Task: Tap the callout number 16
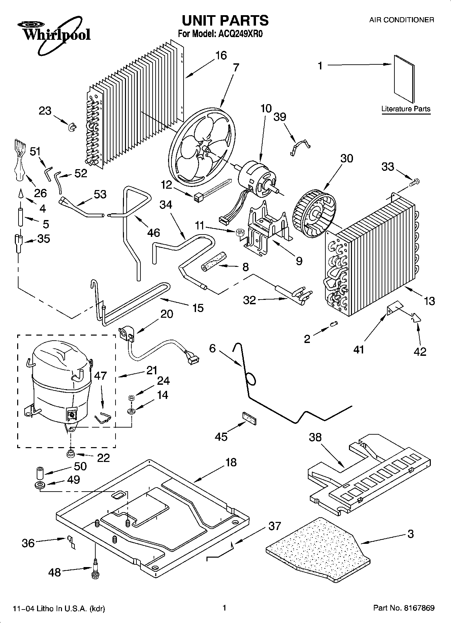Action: pos(221,55)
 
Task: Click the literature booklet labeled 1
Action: pos(404,79)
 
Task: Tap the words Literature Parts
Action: pos(406,109)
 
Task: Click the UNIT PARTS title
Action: pos(225,20)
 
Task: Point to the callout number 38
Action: pos(315,437)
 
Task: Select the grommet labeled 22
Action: pos(70,454)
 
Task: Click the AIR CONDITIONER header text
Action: pos(401,20)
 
